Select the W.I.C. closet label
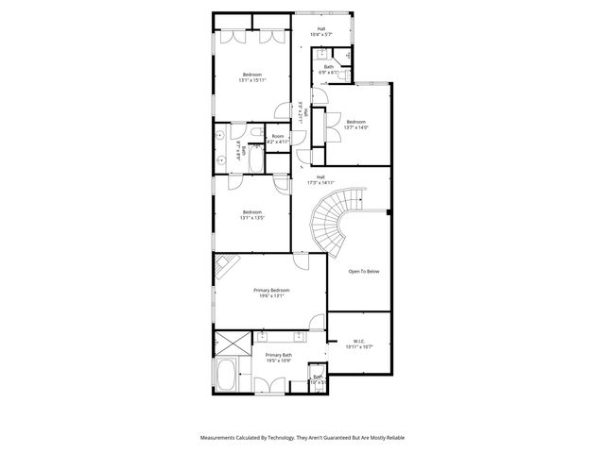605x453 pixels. (359, 344)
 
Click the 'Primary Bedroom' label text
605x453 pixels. (271, 293)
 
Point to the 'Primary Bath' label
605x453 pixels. (278, 358)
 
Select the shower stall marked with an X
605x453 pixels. (233, 343)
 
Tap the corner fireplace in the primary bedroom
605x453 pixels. (225, 265)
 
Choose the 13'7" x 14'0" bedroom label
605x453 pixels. (355, 126)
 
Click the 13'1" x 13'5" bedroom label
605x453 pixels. (251, 214)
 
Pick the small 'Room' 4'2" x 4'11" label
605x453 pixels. (278, 139)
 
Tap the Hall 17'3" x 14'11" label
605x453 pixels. (321, 179)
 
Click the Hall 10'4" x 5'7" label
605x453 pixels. (321, 32)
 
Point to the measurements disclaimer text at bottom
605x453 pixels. (302, 437)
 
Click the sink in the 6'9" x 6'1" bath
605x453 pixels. (322, 55)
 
